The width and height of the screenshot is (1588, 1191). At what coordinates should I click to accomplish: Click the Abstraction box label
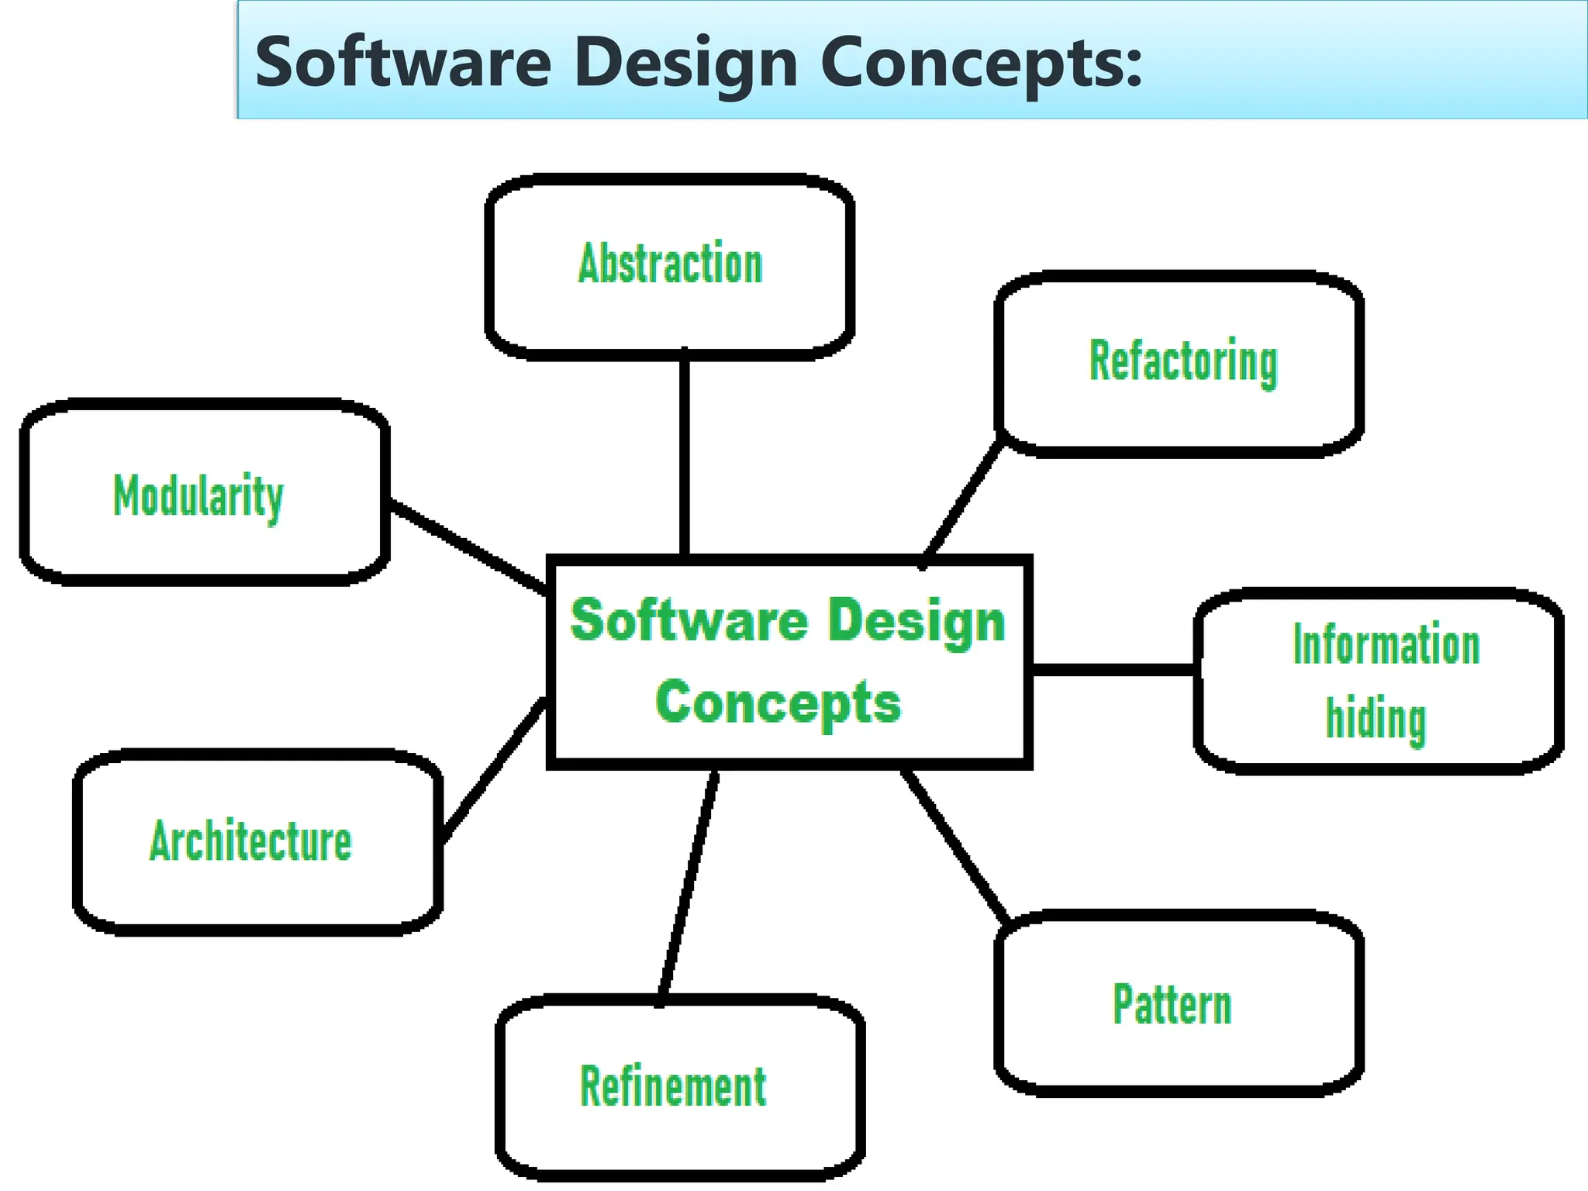click(671, 264)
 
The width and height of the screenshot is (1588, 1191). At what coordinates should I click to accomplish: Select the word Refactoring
click(1183, 361)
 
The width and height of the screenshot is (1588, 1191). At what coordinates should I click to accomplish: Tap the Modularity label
click(198, 496)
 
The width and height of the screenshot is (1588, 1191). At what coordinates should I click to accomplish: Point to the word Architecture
click(250, 841)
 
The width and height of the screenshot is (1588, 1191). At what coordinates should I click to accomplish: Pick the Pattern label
click(1172, 1005)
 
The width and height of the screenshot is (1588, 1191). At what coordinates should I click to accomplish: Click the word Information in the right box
click(1386, 645)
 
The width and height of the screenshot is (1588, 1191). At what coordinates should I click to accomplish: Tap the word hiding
click(1376, 720)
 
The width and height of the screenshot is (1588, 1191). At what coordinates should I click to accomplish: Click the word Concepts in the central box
click(778, 703)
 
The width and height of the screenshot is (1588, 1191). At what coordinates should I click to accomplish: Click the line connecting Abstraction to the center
click(685, 454)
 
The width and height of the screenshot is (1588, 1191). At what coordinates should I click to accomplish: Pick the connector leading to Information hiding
click(1113, 669)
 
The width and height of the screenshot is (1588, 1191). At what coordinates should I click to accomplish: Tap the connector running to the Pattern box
click(956, 846)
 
